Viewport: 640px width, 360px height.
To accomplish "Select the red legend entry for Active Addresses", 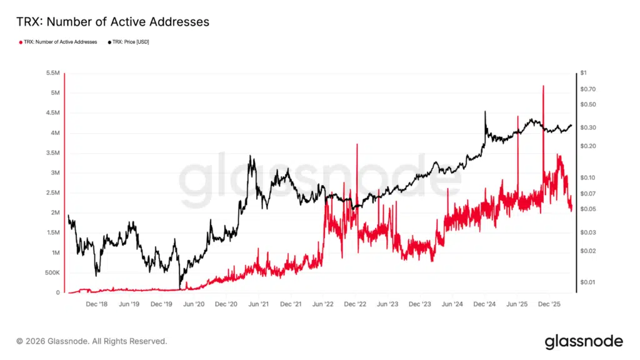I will click(x=60, y=42).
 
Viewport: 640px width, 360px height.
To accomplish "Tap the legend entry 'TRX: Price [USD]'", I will click(x=131, y=42).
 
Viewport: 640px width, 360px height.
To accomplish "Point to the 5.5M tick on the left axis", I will click(x=52, y=73).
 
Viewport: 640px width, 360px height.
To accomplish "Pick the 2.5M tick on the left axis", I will click(x=52, y=193).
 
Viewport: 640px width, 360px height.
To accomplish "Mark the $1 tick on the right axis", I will click(x=583, y=73).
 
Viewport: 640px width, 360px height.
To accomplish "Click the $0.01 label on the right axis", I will click(x=587, y=282).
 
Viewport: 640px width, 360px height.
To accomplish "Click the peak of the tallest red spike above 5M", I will click(x=543, y=86).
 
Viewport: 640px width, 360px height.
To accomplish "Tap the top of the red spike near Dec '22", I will click(x=357, y=144).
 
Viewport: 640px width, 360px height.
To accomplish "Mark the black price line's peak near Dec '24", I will click(x=485, y=112).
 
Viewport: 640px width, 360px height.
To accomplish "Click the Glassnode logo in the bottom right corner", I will click(x=584, y=341).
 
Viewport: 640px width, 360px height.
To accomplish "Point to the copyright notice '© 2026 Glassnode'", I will click(x=92, y=341).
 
